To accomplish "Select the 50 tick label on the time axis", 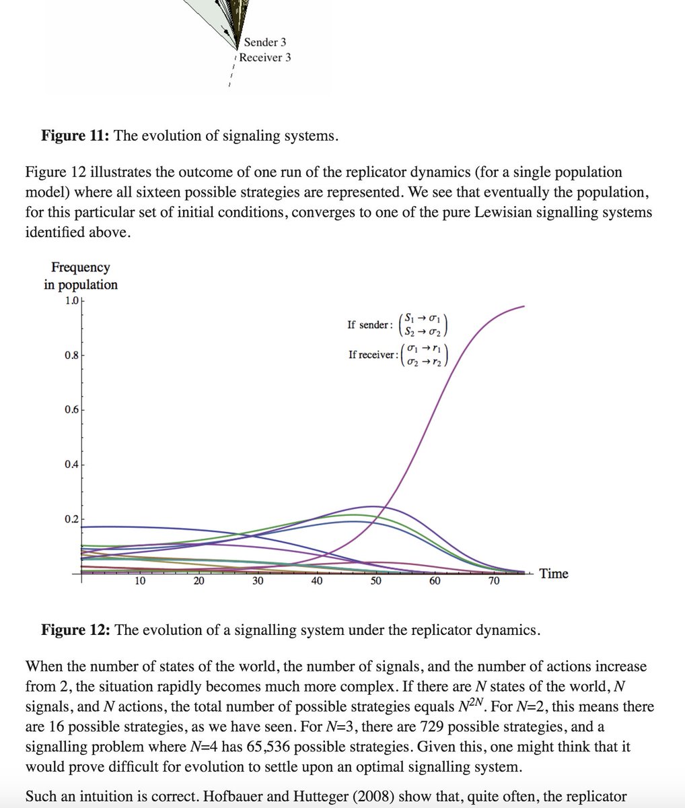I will (375, 581).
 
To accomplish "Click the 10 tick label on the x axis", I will (140, 581).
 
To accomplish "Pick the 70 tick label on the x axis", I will (494, 581).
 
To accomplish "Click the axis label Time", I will (554, 574).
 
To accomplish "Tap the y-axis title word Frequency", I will (81, 267).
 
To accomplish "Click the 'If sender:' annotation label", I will (369, 325).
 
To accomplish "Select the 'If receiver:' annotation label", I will (373, 355).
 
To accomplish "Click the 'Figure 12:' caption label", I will (76, 630).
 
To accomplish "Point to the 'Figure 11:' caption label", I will (76, 135).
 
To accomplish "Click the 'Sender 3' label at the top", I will (265, 42).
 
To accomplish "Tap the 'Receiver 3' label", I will (265, 57).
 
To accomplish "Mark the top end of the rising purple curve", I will (524, 307).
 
